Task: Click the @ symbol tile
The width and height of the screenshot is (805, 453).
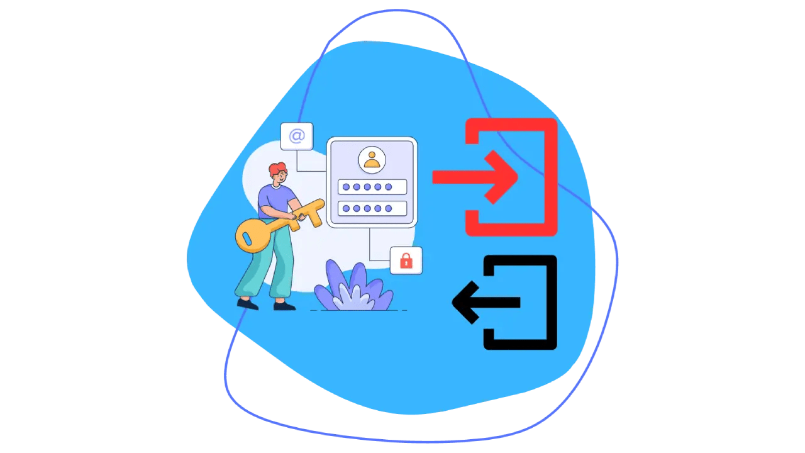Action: coord(297,137)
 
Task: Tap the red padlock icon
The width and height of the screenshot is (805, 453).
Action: coord(406,260)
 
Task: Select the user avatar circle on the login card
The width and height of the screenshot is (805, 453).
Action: coord(372,159)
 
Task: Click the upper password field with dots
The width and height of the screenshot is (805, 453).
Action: coord(372,187)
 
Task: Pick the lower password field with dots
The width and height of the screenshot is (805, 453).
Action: coord(372,208)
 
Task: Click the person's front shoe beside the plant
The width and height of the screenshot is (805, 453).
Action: coord(284,306)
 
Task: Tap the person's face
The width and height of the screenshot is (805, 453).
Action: coord(281,178)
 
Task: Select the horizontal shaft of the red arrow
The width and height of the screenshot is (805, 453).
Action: coord(459,177)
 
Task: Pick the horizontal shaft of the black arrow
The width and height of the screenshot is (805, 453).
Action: coord(497,302)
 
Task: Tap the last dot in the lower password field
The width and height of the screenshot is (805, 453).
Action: coord(388,208)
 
